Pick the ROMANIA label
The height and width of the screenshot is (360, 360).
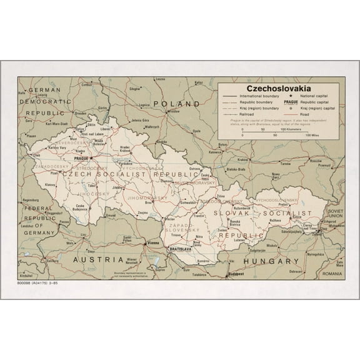pyautogui.click(x=333, y=274)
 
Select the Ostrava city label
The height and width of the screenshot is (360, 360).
pyautogui.click(x=194, y=169)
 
